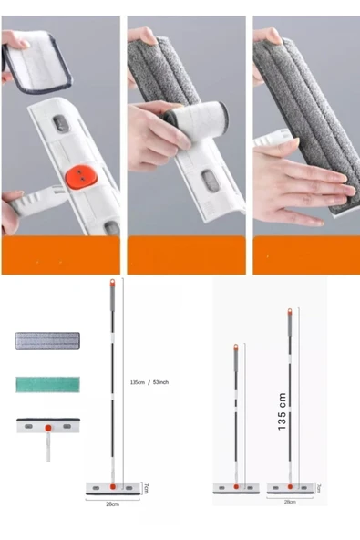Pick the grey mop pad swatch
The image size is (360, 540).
click(47, 342)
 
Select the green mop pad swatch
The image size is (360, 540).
click(47, 384)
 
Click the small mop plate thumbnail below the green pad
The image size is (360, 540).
click(47, 426)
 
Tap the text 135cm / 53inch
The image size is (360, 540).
click(151, 382)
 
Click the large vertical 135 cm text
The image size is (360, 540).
click(283, 411)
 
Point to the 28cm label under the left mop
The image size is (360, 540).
click(112, 503)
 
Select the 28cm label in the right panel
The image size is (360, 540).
click(289, 502)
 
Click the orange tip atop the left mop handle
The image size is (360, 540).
click(112, 282)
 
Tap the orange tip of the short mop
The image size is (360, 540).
click(235, 348)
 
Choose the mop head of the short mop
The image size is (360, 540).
click(235, 488)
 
